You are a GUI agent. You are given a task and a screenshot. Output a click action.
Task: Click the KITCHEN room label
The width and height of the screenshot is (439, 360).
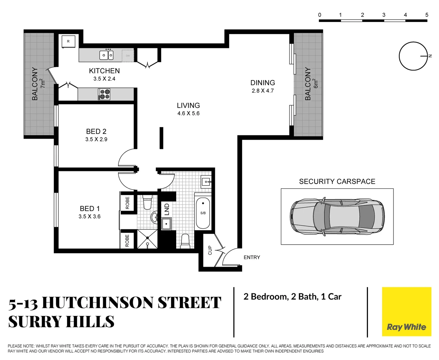tap(104, 71)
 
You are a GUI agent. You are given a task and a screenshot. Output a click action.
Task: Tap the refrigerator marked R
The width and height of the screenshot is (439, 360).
tap(68, 42)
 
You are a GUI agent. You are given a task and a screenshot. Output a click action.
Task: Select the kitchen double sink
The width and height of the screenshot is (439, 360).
tap(106, 55)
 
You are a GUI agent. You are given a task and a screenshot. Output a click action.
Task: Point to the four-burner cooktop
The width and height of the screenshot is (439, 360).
tap(104, 94)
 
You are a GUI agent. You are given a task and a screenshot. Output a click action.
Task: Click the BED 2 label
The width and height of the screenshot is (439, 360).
tap(96, 132)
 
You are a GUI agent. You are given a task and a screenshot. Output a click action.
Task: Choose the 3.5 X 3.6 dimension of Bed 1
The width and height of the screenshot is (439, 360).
tap(89, 217)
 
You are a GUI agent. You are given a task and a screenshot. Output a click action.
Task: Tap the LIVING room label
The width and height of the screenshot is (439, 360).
tap(188, 106)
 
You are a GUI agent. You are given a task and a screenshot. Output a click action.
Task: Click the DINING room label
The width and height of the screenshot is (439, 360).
tap(263, 83)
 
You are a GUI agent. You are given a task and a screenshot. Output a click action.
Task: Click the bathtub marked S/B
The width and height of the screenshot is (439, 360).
tap(203, 213)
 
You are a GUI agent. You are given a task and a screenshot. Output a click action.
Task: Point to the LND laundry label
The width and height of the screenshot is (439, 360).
tap(167, 209)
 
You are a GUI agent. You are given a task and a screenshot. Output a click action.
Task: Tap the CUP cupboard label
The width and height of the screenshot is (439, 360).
tap(210, 250)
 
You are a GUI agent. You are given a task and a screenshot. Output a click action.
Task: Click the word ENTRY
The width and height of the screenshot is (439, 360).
tap(252, 257)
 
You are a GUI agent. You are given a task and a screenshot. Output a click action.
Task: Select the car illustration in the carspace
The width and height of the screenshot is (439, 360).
tap(337, 217)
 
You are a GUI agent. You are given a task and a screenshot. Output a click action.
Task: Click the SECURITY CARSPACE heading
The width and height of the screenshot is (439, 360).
tap(337, 182)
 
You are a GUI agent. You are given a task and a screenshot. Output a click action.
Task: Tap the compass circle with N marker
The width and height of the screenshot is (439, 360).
tap(413, 56)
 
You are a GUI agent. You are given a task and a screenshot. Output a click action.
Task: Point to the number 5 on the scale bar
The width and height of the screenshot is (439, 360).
tap(427, 15)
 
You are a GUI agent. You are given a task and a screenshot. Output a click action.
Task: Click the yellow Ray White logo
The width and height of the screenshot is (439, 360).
tap(406, 312)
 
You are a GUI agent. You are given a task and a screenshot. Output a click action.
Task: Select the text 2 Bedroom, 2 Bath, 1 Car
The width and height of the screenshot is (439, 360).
tap(292, 297)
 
